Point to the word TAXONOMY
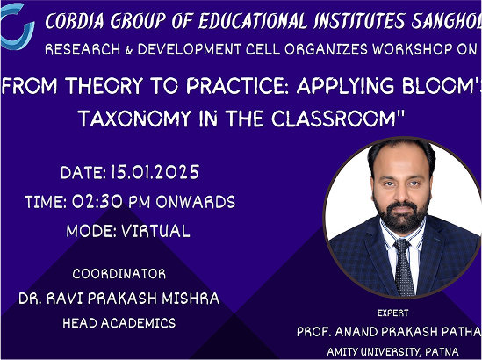click(x=134, y=119)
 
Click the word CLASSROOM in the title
click(x=335, y=119)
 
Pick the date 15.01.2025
click(x=155, y=172)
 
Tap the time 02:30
click(x=97, y=202)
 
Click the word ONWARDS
click(x=196, y=202)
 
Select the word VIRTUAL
click(x=156, y=231)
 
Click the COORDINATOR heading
click(x=119, y=274)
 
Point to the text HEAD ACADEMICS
click(x=119, y=323)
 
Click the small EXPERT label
click(x=392, y=313)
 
